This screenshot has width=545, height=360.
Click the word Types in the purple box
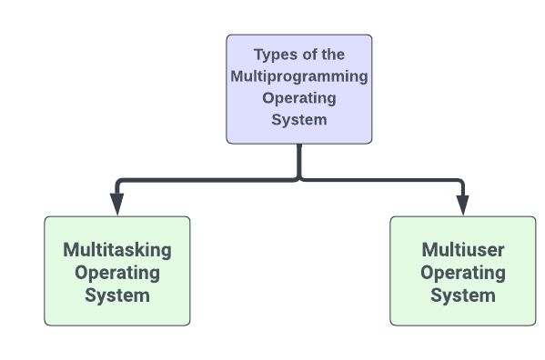click(x=274, y=55)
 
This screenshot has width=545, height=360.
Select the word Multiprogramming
click(x=299, y=76)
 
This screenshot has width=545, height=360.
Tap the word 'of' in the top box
click(x=309, y=55)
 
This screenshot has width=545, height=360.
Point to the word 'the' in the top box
click(x=333, y=55)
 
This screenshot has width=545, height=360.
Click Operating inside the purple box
click(x=299, y=98)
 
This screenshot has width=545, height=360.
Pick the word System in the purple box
click(x=299, y=119)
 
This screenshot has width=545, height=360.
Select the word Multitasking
click(x=117, y=249)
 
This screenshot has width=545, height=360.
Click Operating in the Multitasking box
click(x=117, y=272)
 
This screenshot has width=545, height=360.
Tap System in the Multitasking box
click(x=117, y=295)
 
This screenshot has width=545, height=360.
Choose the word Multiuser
click(x=463, y=249)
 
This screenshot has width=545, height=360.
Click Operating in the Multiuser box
click(x=463, y=272)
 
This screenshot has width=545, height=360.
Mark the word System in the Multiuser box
click(x=463, y=295)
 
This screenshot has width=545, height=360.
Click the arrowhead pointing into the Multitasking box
click(x=117, y=206)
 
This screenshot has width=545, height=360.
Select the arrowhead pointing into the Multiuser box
click(x=463, y=206)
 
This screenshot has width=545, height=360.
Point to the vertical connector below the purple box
click(x=299, y=159)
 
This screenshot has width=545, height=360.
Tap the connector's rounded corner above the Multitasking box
click(x=120, y=182)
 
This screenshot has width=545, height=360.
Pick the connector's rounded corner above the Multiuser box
click(x=460, y=182)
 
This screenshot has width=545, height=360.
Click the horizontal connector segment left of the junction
click(x=209, y=179)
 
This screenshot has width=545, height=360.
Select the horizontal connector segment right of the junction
click(x=382, y=179)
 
